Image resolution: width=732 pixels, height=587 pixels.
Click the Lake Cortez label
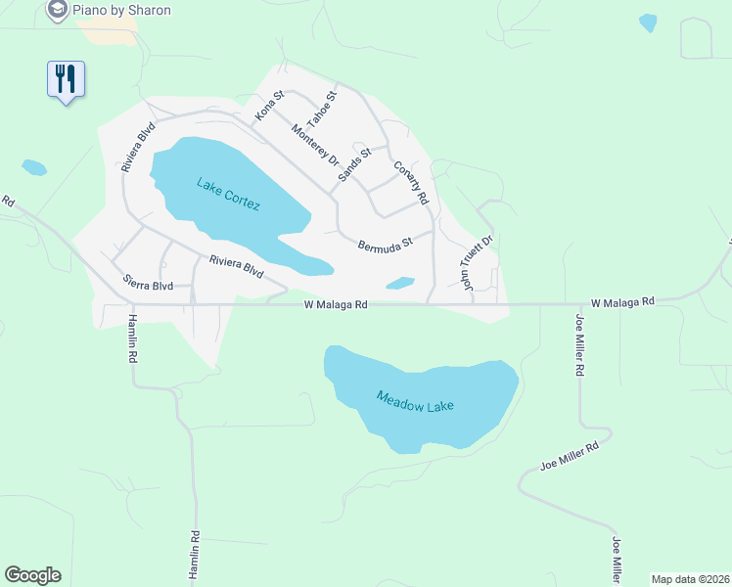228,193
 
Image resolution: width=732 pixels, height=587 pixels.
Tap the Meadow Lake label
416,400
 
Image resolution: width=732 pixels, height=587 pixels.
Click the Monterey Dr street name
314,145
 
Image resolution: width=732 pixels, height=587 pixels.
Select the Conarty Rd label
411,182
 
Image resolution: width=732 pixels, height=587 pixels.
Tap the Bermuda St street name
386,245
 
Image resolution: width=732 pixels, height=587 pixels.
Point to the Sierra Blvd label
148,285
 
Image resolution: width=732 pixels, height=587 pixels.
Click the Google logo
32,575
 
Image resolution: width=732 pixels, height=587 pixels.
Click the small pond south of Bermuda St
399,284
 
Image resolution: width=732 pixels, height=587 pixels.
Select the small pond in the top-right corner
648,22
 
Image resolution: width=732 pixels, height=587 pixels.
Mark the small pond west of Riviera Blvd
34,167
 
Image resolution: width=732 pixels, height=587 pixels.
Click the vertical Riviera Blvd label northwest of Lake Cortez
137,147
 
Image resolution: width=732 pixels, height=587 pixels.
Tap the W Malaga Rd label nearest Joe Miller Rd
621,303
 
